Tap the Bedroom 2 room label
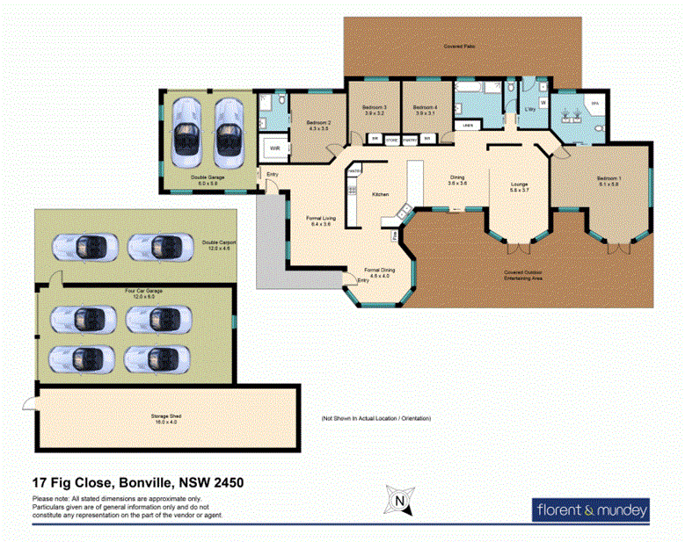317,123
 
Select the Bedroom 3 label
375,108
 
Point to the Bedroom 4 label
426,108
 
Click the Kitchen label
380,193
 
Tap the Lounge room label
519,184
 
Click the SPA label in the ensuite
594,104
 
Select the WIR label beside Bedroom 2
274,148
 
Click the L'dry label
530,109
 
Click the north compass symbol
399,502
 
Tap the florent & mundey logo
592,509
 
